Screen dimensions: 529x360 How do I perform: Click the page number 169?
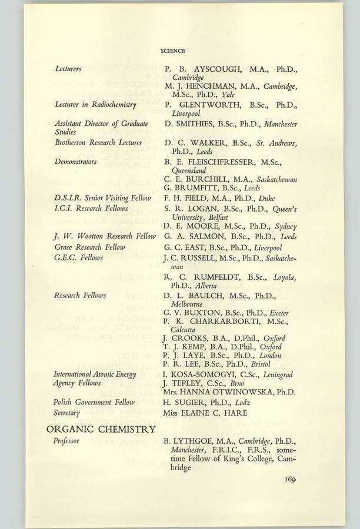pos(287,479)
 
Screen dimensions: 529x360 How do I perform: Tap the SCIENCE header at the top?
pos(173,51)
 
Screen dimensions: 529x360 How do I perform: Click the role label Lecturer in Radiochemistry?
pos(95,105)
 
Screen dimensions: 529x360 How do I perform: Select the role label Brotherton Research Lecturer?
pos(98,142)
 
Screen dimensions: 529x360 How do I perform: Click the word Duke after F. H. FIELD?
pos(266,198)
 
